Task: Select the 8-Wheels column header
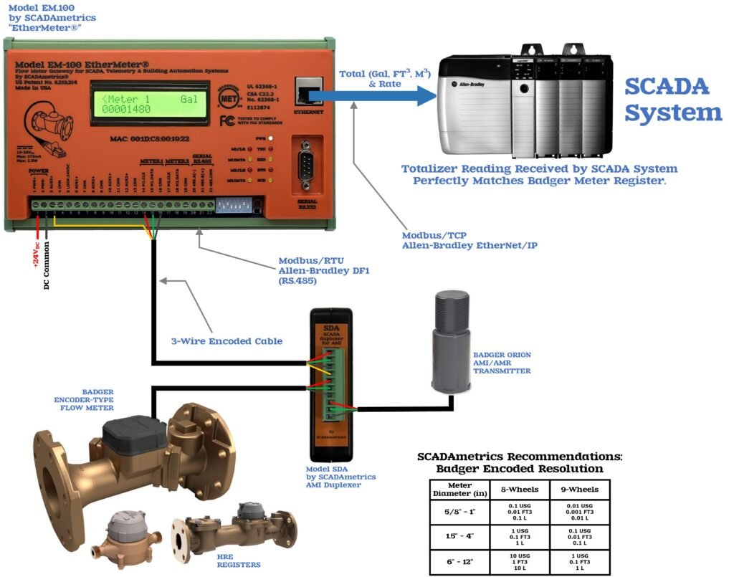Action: coord(520,490)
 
